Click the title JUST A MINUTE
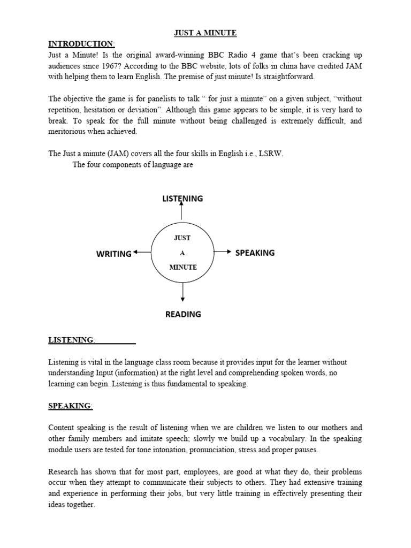click(205, 33)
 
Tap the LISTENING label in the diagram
click(182, 199)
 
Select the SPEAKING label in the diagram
click(255, 253)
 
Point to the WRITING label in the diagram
click(114, 254)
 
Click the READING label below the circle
click(183, 314)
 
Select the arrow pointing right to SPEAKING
click(223, 252)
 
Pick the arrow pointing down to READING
click(183, 292)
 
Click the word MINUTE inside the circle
click(183, 267)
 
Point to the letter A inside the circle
click(182, 252)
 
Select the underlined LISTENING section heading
click(71, 340)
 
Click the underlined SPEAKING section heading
click(70, 406)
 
